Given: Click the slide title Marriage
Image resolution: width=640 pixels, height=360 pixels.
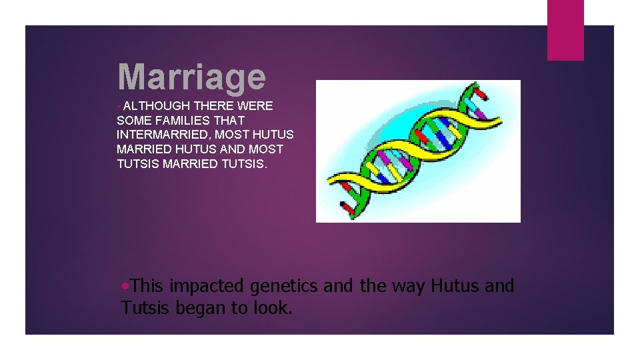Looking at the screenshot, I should click(191, 77).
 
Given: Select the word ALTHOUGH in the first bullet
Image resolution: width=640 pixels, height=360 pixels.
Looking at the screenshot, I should click(157, 106).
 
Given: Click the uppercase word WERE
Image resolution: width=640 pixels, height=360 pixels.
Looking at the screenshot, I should click(257, 106).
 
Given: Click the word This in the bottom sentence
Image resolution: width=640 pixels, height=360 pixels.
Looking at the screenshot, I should click(147, 286).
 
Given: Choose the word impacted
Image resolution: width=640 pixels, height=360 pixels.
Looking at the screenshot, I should click(208, 286).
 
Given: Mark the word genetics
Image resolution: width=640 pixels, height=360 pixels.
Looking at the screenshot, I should click(285, 287).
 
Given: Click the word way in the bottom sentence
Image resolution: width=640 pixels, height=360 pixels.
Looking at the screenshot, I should click(407, 287).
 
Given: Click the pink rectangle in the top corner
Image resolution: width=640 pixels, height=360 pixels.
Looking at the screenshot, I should click(565, 30).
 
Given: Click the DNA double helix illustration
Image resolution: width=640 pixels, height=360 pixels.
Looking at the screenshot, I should click(418, 151).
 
